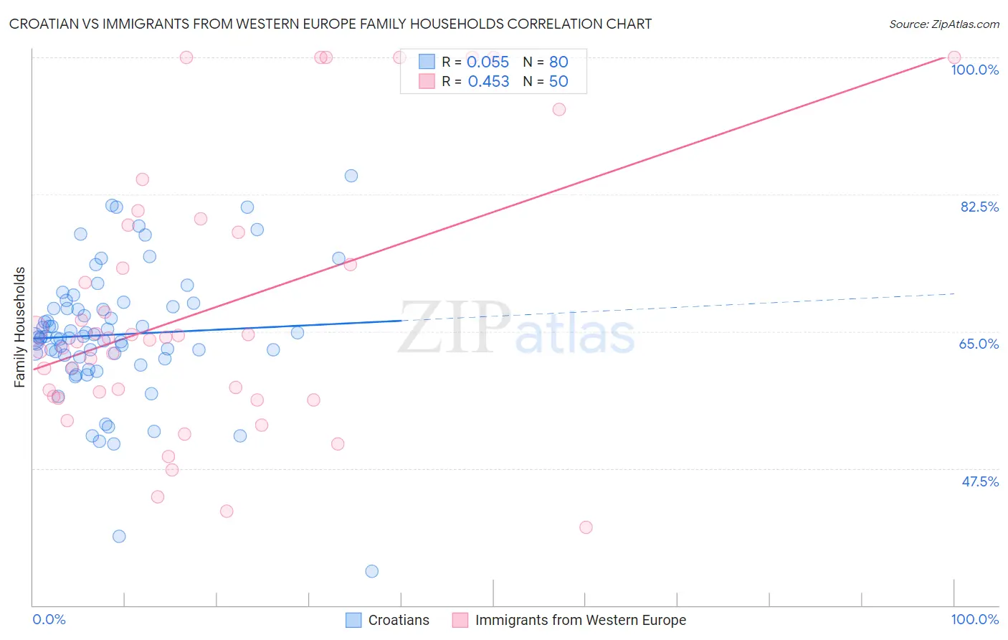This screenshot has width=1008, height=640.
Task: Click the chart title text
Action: point(331,24)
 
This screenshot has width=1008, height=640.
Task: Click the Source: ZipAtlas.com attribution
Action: point(943,24)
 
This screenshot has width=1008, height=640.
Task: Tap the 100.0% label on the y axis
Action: point(974,70)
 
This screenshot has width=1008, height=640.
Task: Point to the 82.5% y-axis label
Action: point(979,207)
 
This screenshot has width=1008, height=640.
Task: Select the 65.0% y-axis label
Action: point(979,344)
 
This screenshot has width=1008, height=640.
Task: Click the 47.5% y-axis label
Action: point(979,481)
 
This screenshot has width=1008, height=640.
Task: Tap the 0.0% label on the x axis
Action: point(49,619)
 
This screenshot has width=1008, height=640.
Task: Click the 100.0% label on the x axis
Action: point(974,619)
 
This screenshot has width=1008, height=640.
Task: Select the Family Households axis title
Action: point(20,327)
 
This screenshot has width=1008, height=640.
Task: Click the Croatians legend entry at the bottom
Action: point(399,620)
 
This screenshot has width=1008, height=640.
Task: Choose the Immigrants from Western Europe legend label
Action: point(580,620)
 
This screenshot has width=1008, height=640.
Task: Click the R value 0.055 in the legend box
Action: point(488,62)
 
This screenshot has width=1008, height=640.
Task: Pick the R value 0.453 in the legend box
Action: point(488,82)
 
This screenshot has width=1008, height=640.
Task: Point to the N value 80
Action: point(558,62)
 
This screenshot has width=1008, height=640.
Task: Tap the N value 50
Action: point(558,82)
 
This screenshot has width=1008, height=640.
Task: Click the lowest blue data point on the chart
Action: point(371,571)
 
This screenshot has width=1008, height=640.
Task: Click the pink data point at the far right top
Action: point(954,57)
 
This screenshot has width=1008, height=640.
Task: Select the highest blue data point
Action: point(351,176)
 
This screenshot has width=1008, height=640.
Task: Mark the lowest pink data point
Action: point(586,527)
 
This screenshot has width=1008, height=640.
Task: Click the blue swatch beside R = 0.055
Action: point(427,62)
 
